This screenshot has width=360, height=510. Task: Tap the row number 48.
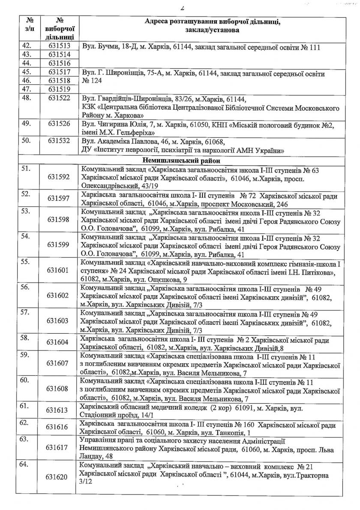tap(27, 99)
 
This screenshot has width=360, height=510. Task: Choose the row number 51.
tap(27, 169)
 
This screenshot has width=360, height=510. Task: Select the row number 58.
tap(27, 337)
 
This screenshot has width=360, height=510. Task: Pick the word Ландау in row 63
tap(92, 456)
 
